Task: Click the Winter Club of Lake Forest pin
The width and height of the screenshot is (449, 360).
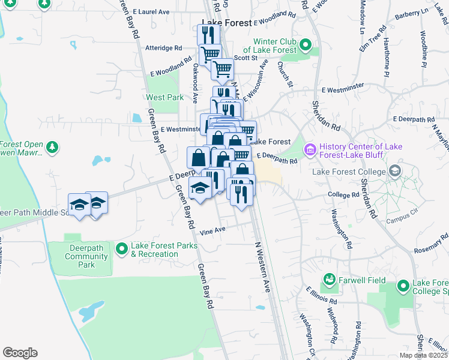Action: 306,44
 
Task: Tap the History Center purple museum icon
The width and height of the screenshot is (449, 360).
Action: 310,148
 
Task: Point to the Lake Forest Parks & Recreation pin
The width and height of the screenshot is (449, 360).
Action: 122,248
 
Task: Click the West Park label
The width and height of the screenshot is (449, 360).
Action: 164,97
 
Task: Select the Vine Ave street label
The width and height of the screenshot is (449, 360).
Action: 212,230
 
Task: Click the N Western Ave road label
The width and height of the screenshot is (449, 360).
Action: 264,266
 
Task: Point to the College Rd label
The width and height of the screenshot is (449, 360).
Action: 343,195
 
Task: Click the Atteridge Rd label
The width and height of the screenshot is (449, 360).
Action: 163,47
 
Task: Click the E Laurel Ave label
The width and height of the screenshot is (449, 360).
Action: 151,11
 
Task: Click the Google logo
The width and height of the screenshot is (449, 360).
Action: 20,353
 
